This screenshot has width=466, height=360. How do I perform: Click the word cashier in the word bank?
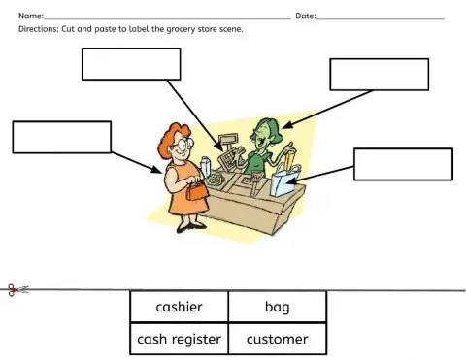coord(180,308)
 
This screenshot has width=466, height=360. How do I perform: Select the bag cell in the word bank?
coord(278,308)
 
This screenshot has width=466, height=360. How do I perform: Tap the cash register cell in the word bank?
coord(180,339)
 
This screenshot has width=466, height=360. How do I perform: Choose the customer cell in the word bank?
coord(278,339)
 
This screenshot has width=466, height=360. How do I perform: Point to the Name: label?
coord(31,16)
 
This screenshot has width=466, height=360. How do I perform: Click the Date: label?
coord(305,16)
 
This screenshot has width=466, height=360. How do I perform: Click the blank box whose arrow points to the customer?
coord(62,137)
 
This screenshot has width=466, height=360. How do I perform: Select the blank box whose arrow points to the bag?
coord(403,164)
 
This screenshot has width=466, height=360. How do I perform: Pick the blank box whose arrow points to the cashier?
coord(379,75)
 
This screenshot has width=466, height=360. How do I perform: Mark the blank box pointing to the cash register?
coord(131,64)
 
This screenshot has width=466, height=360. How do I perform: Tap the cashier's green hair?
coord(268,126)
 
